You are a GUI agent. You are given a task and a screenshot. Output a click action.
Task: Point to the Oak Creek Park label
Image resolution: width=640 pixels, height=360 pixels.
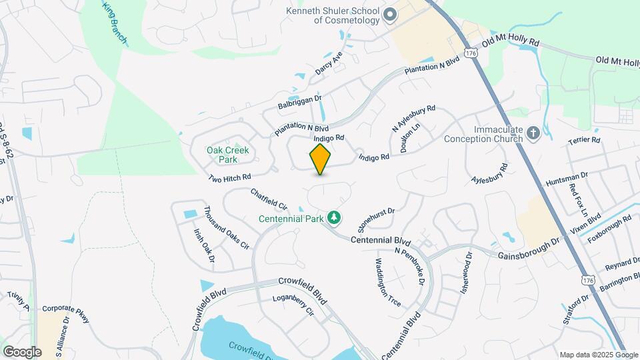tap(227, 155)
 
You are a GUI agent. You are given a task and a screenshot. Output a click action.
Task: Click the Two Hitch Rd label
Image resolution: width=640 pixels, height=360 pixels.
tap(229, 178)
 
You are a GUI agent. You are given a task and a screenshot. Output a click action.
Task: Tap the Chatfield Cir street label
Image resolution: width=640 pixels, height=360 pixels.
tap(269, 199)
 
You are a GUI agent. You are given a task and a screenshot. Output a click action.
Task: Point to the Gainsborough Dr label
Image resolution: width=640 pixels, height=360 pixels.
tap(529, 251)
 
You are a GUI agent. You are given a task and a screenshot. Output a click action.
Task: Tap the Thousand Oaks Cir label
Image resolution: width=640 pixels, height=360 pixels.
tap(226, 227)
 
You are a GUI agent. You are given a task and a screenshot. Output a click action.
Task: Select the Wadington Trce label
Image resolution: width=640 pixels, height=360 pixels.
tap(388, 282)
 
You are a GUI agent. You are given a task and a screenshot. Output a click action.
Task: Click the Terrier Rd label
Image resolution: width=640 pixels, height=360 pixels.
tap(585, 141)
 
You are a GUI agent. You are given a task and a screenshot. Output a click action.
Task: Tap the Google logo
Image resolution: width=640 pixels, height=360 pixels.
tap(22, 351)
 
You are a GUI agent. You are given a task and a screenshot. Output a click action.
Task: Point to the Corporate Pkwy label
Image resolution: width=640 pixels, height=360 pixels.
tap(65, 314)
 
